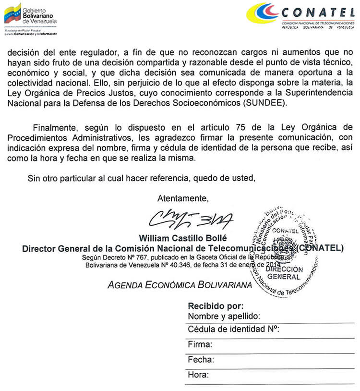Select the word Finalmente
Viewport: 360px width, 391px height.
[53, 127]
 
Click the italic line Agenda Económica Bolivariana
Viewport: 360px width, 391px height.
[180, 285]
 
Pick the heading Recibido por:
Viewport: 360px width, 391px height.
[216, 305]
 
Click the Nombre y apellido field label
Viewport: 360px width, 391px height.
[223, 316]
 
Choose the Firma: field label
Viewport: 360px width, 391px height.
[200, 345]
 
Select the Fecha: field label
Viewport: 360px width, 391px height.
[201, 360]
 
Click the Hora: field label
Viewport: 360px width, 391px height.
[198, 375]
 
